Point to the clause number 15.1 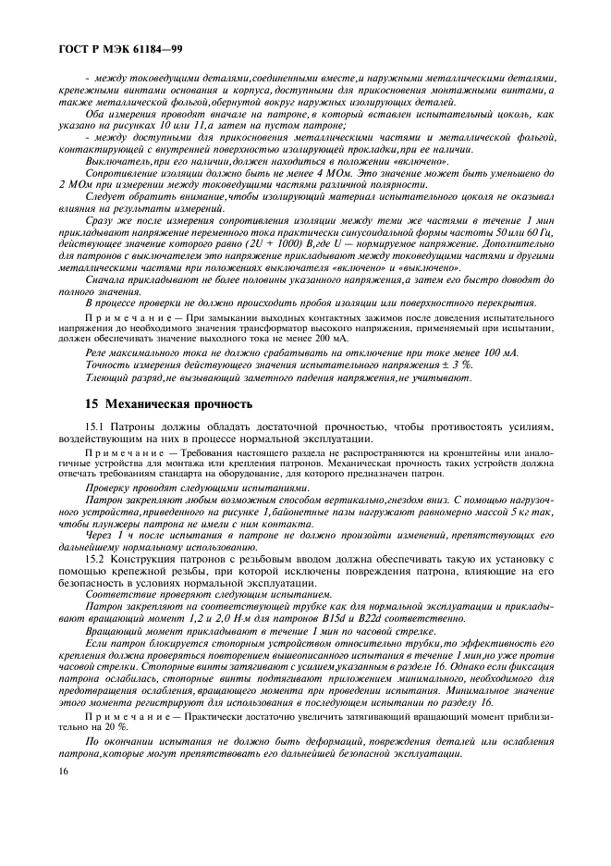point(96,427)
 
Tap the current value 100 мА point(495,353)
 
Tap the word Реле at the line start point(97,353)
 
